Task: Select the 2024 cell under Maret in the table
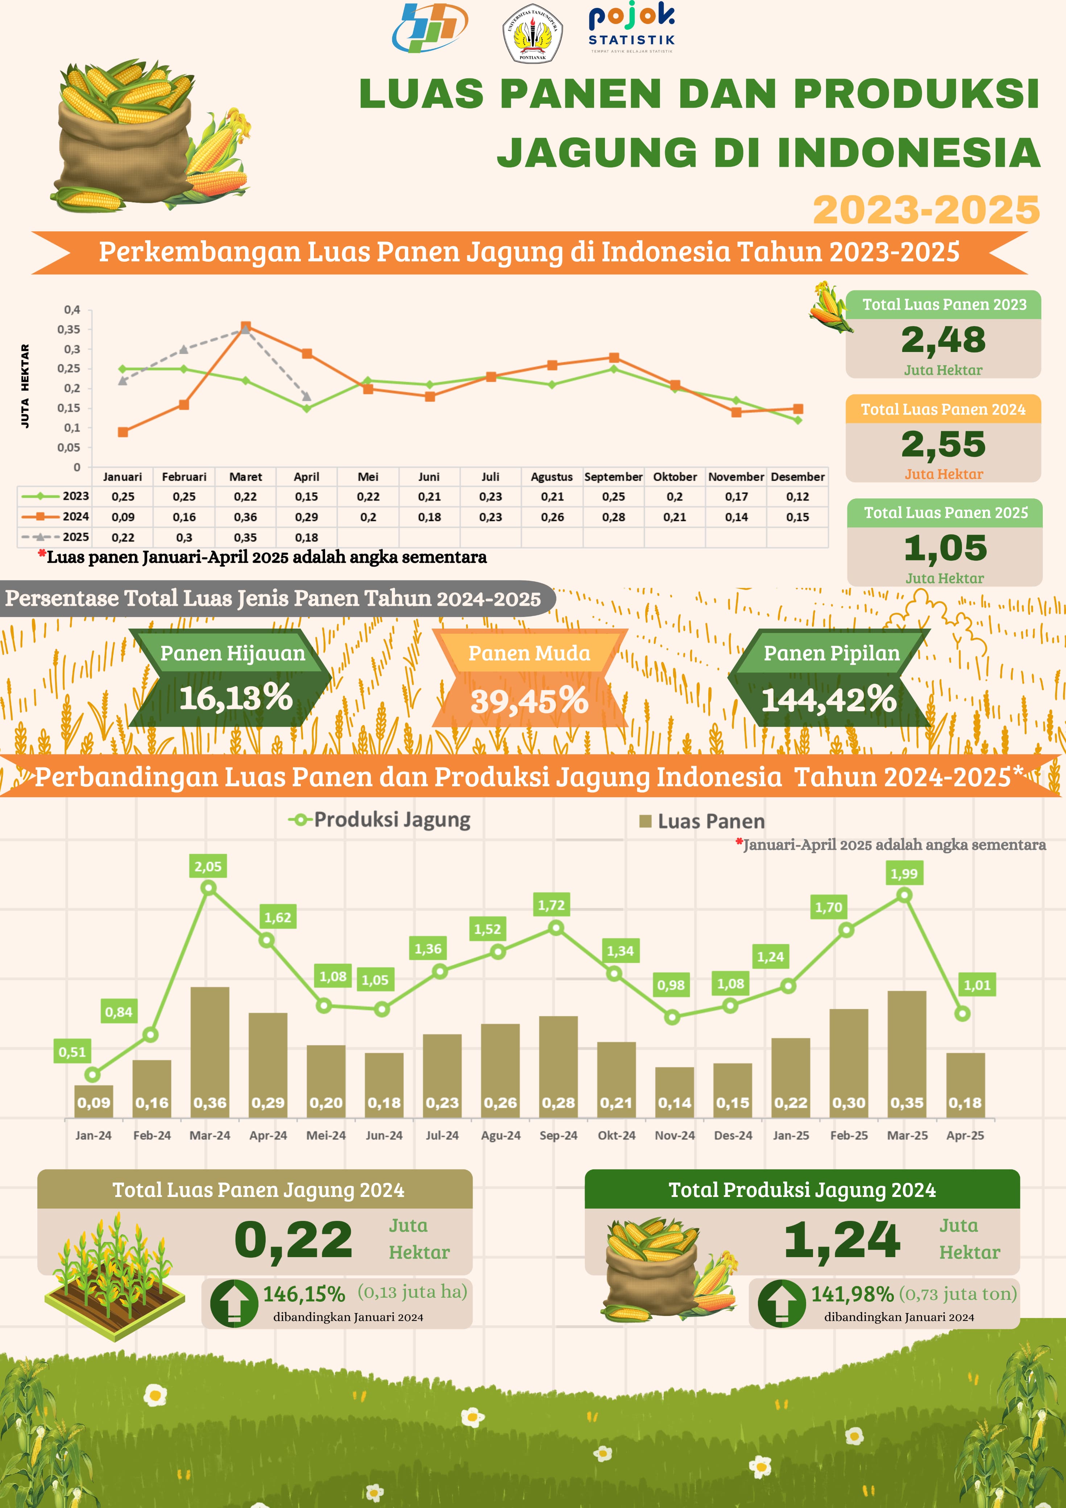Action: click(245, 517)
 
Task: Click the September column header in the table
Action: click(613, 477)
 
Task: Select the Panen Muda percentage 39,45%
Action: click(530, 700)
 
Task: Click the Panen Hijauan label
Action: click(232, 653)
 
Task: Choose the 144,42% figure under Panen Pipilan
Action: click(829, 699)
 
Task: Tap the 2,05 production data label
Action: click(208, 866)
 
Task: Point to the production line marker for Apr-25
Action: click(962, 1014)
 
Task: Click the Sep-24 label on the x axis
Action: click(558, 1135)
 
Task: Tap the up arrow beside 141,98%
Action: click(781, 1303)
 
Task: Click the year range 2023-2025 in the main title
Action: click(926, 210)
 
